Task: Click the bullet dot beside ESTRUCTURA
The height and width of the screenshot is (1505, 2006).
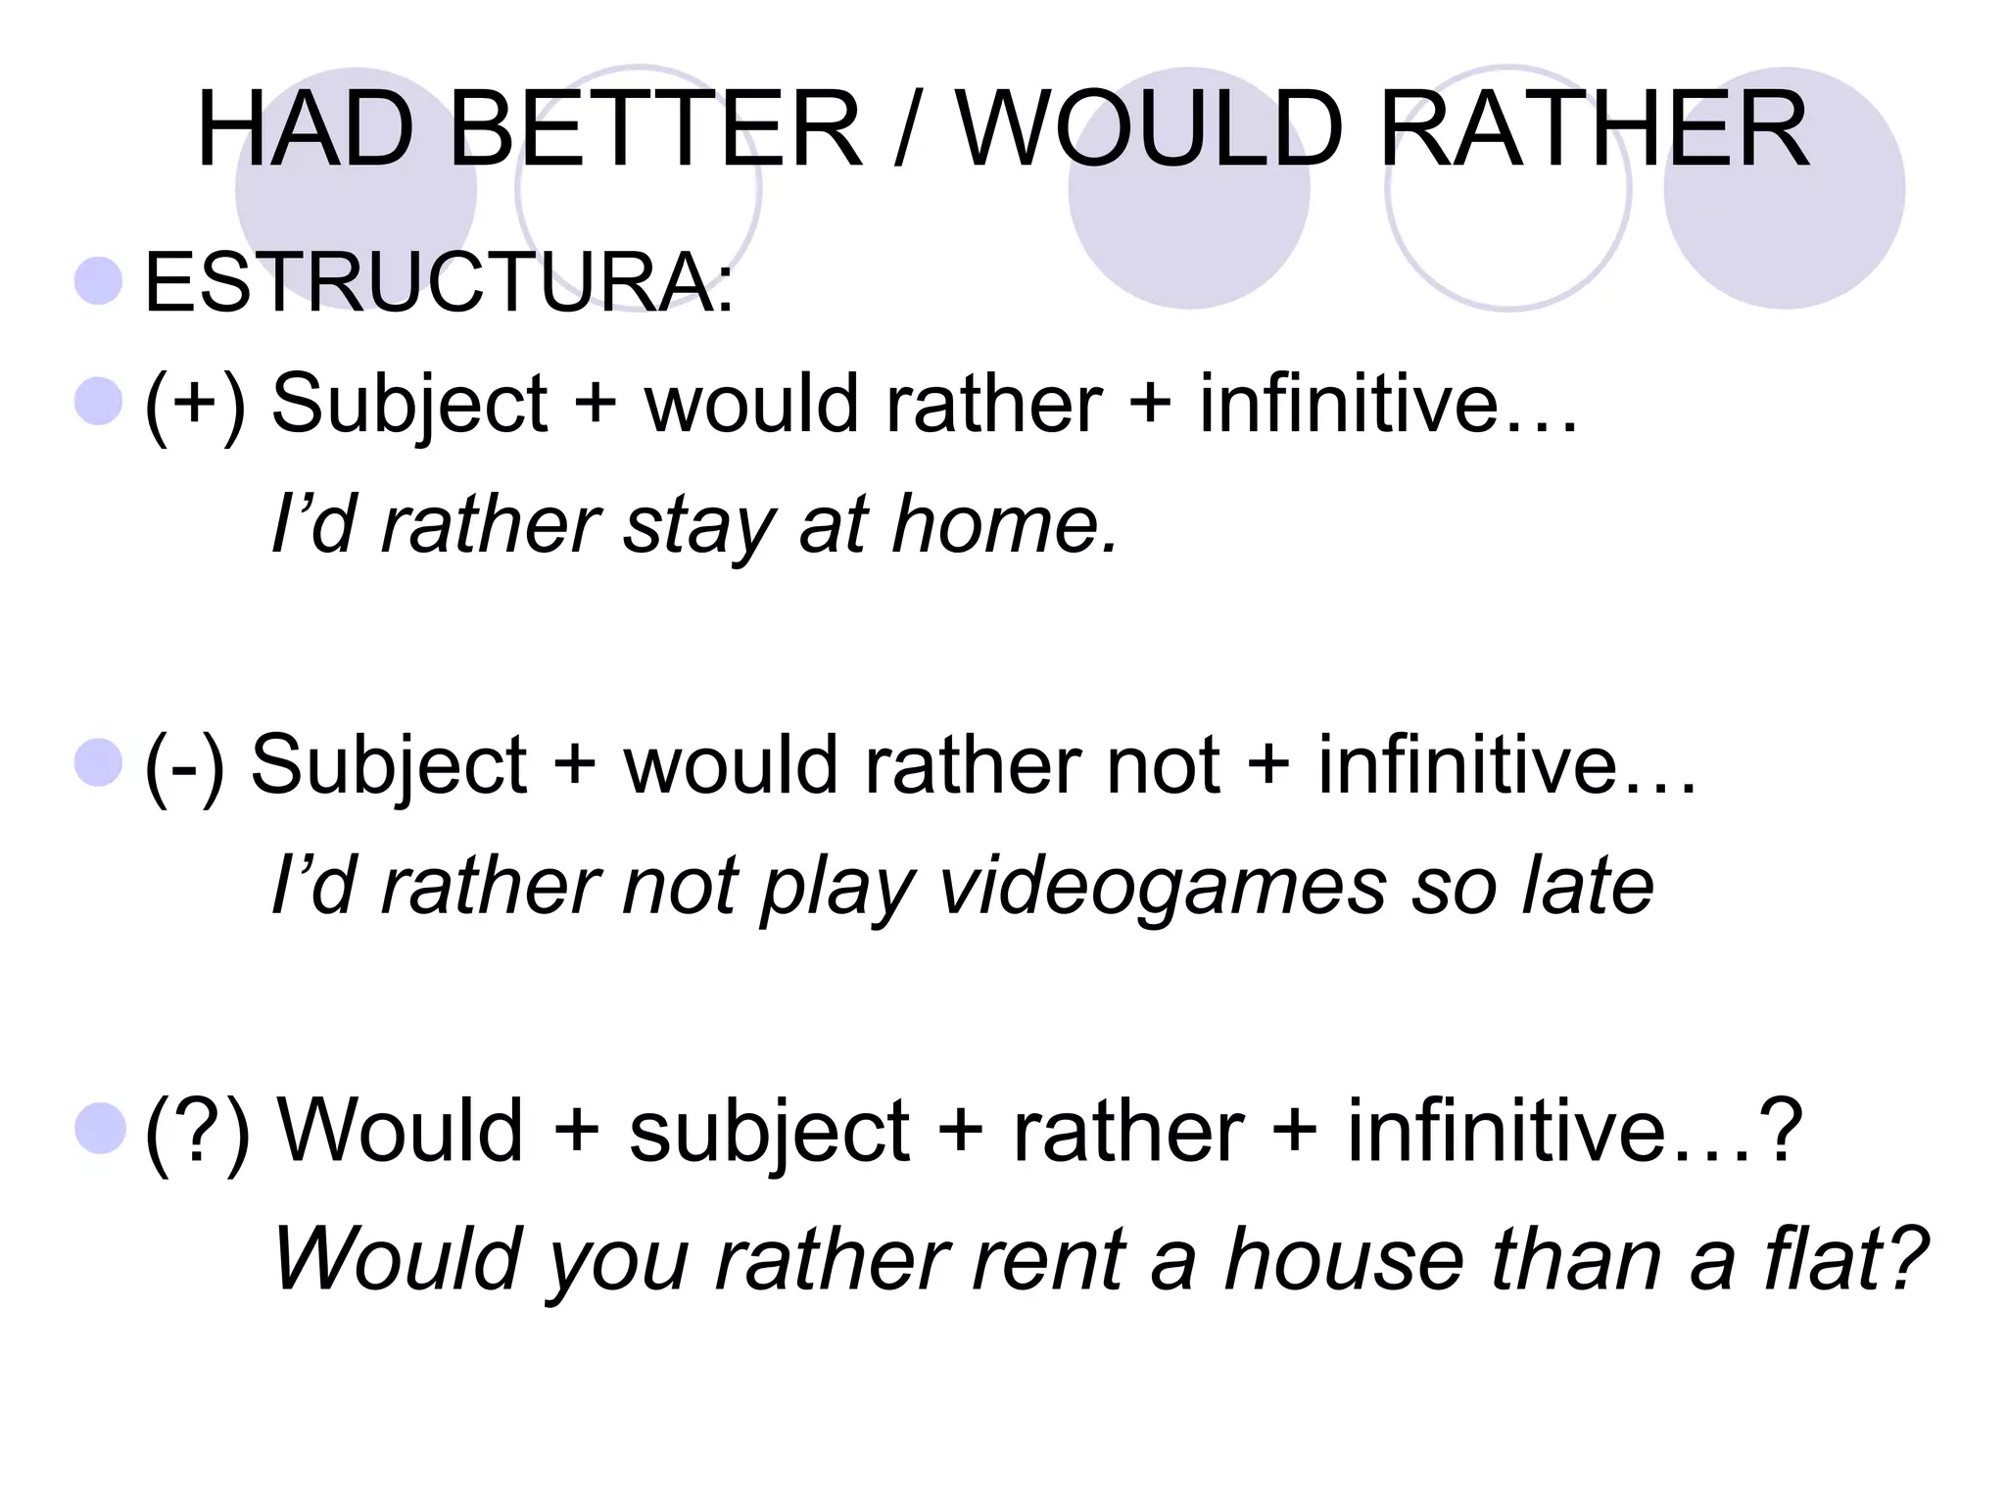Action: pyautogui.click(x=99, y=281)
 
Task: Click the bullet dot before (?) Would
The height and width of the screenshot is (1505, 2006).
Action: pyautogui.click(x=99, y=1128)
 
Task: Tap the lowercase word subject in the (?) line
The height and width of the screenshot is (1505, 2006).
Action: pyautogui.click(x=769, y=1133)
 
